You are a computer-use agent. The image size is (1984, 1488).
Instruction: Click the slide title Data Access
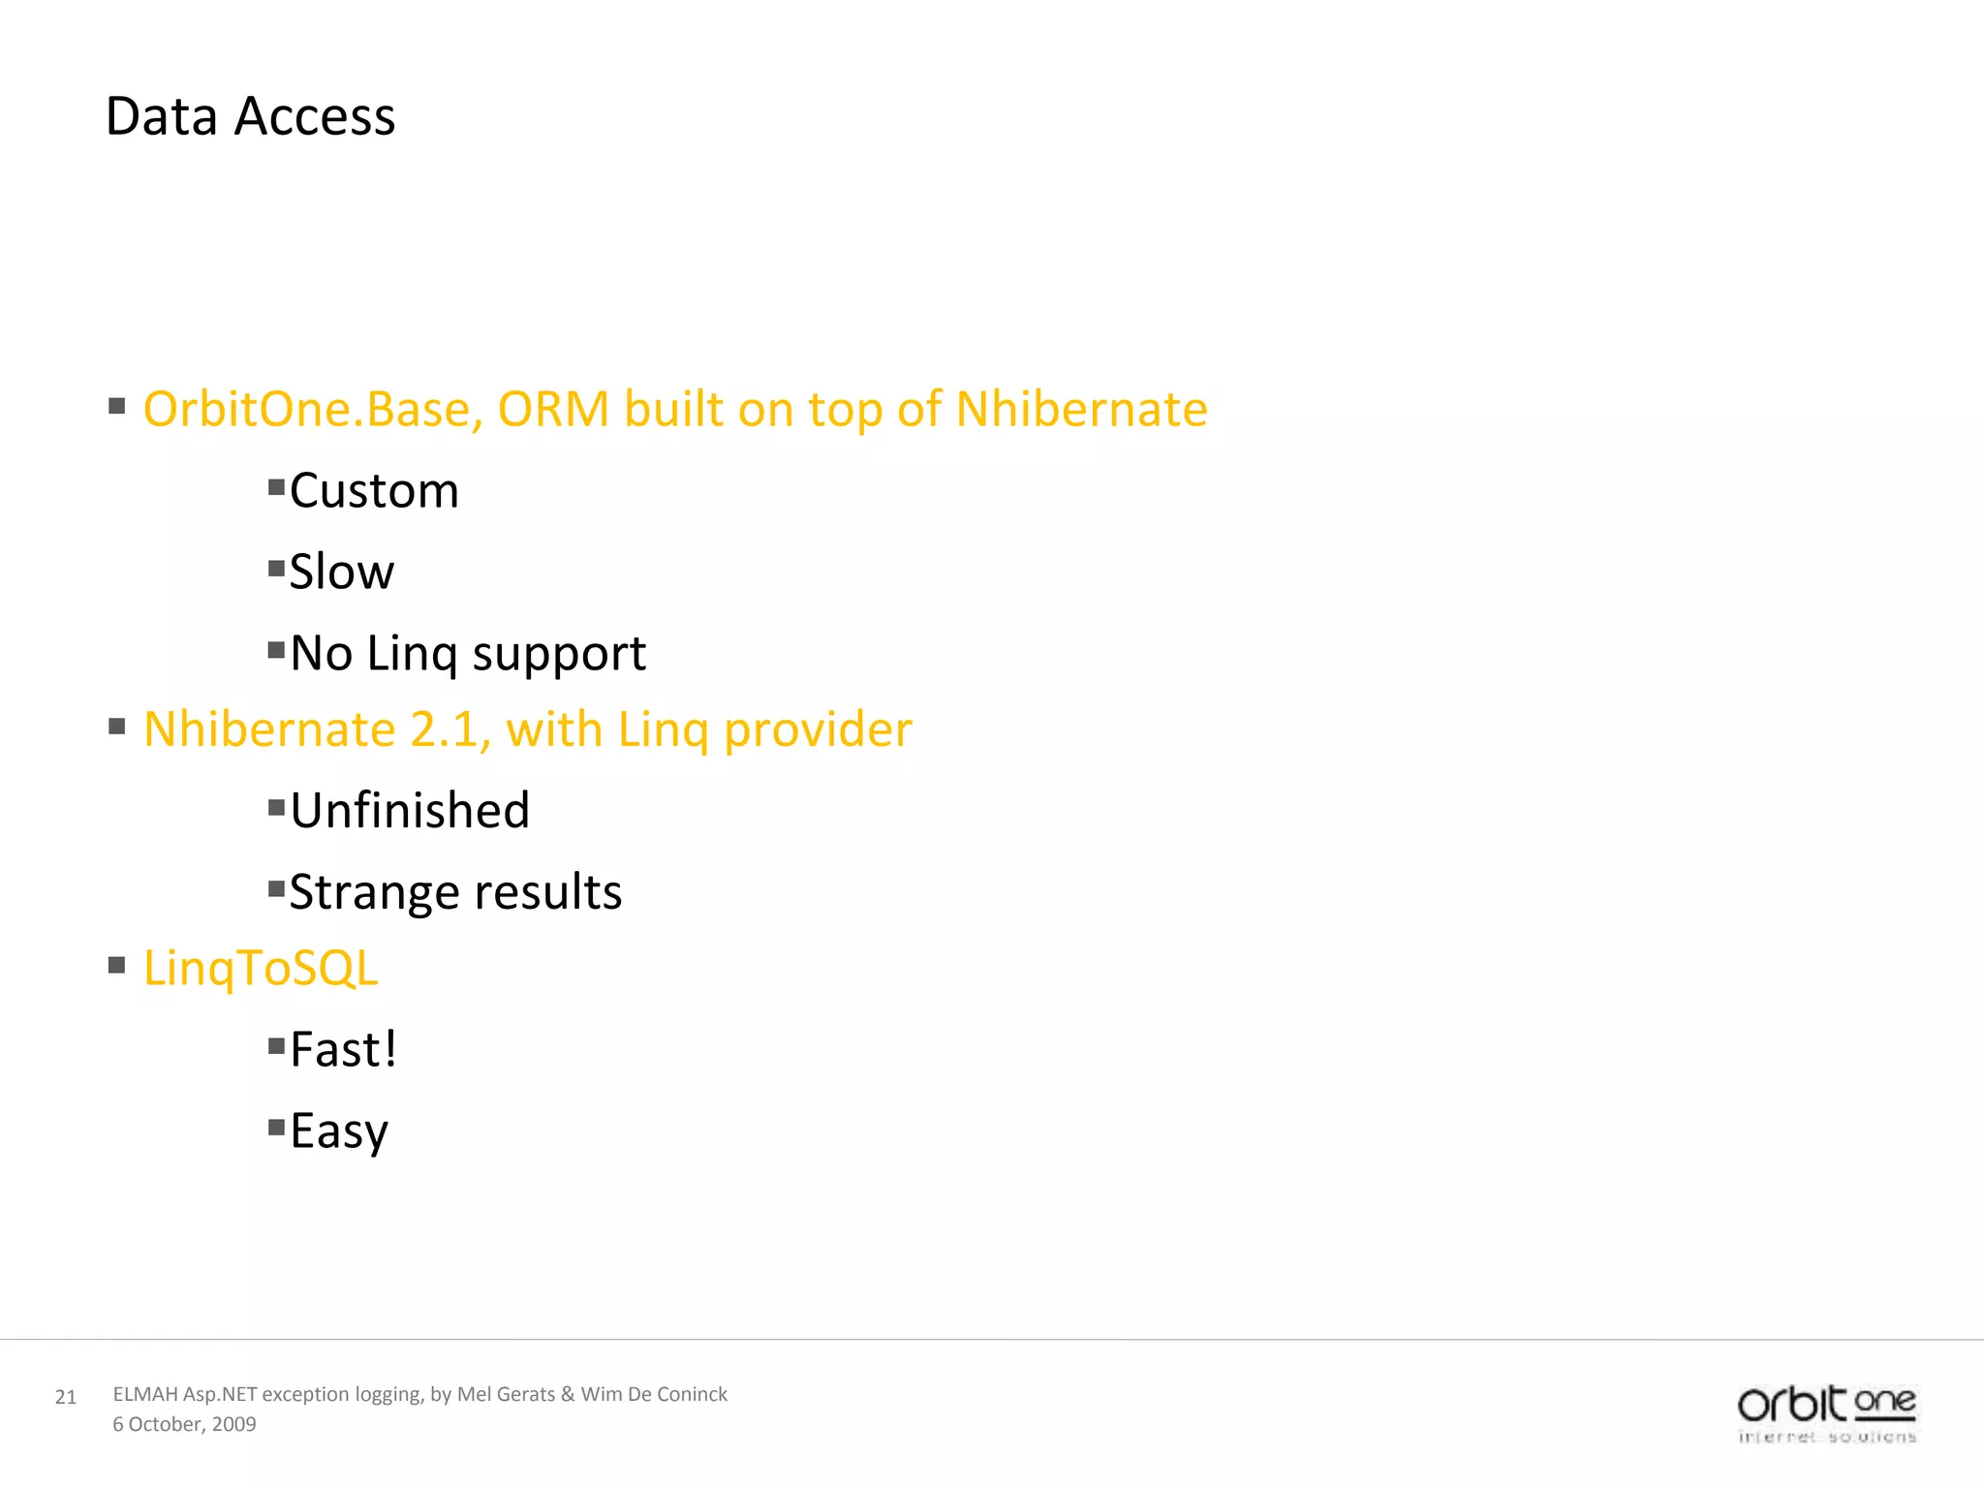pyautogui.click(x=250, y=116)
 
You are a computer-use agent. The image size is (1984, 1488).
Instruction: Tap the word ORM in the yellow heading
pyautogui.click(x=553, y=409)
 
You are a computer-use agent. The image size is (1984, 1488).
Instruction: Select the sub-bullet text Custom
pyautogui.click(x=374, y=490)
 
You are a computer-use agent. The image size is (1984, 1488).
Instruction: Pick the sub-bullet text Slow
pyautogui.click(x=341, y=572)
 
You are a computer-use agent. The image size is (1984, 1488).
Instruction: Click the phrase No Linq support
pyautogui.click(x=468, y=653)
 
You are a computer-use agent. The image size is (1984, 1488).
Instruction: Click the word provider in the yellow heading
pyautogui.click(x=818, y=730)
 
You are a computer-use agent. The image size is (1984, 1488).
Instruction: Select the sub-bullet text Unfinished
pyautogui.click(x=410, y=810)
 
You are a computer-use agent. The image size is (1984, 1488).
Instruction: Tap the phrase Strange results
pyautogui.click(x=455, y=891)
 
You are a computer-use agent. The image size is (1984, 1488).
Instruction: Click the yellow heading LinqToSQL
pyautogui.click(x=261, y=968)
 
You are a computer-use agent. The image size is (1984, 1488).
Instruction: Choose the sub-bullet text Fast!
pyautogui.click(x=343, y=1049)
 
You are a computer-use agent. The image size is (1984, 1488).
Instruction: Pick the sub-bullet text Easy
pyautogui.click(x=339, y=1131)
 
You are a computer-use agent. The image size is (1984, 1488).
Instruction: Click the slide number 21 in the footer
pyautogui.click(x=65, y=1397)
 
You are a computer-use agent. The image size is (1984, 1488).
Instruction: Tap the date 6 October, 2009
pyautogui.click(x=184, y=1424)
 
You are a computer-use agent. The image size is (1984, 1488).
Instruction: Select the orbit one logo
pyautogui.click(x=1826, y=1412)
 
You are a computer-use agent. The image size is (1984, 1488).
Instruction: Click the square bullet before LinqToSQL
pyautogui.click(x=117, y=965)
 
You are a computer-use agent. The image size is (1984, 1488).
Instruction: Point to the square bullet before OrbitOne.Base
pyautogui.click(x=117, y=406)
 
